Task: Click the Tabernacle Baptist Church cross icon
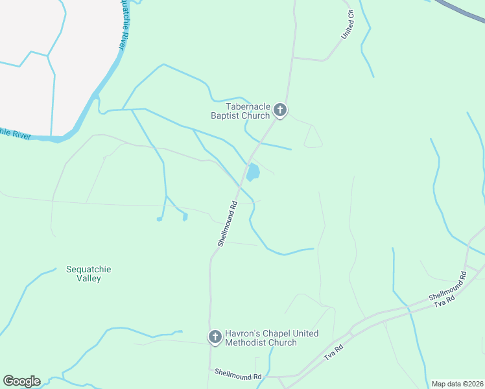[x=280, y=110]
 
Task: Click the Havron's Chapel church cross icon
[x=215, y=337]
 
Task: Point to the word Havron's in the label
[x=241, y=333]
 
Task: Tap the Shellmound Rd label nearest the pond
[x=228, y=223]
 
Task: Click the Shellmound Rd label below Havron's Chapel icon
[x=239, y=376]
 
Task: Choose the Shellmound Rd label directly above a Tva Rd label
[x=447, y=289]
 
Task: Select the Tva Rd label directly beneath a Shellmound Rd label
[x=447, y=299]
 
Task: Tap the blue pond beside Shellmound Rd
[x=253, y=172]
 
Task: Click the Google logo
[x=21, y=381]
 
